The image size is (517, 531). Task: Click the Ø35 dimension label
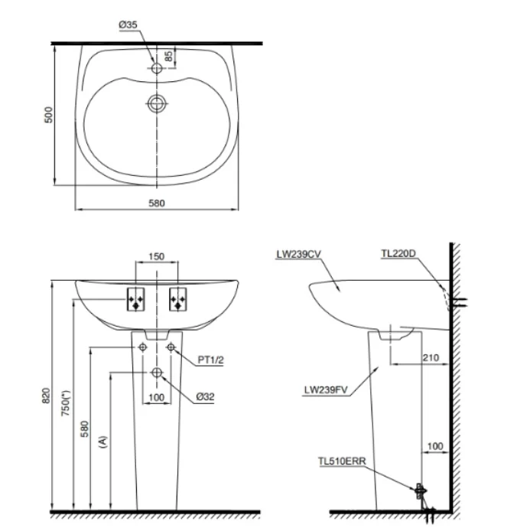click(x=128, y=25)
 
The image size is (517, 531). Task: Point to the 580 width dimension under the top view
click(x=157, y=203)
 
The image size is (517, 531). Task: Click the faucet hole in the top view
click(x=157, y=68)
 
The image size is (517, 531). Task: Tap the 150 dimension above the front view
click(x=156, y=257)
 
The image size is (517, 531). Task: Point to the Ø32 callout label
click(x=204, y=396)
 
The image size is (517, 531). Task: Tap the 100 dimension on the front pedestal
click(x=156, y=396)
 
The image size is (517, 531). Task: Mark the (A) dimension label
click(x=102, y=441)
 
